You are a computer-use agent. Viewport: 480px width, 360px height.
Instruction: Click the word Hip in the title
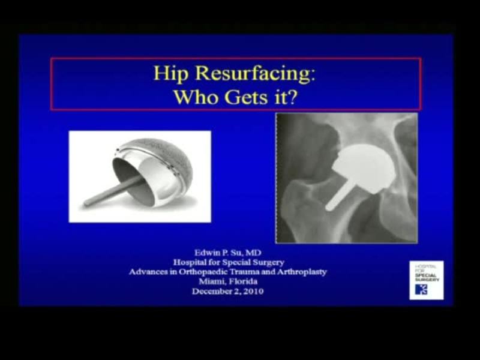click(x=169, y=74)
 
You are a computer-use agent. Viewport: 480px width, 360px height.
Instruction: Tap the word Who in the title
click(x=194, y=97)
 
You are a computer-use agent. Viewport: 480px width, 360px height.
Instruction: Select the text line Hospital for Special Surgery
click(x=227, y=262)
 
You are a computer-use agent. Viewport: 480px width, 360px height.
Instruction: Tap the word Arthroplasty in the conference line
click(x=299, y=272)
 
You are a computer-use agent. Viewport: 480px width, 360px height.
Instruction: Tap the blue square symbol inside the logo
click(x=421, y=289)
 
